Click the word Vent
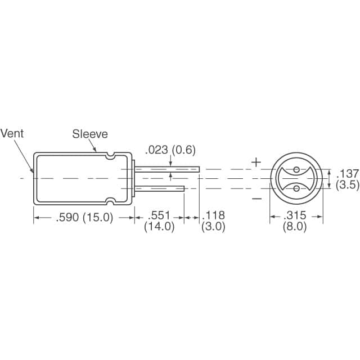pyautogui.click(x=12, y=134)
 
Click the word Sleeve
pyautogui.click(x=89, y=134)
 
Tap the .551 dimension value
pyautogui.click(x=159, y=216)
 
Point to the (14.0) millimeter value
pyautogui.click(x=159, y=228)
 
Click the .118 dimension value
pyautogui.click(x=214, y=216)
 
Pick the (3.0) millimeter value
pyautogui.click(x=214, y=228)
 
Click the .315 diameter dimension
pyautogui.click(x=295, y=216)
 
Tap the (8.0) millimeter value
pyautogui.click(x=295, y=228)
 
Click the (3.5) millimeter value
pyautogui.click(x=347, y=185)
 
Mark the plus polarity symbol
pyautogui.click(x=256, y=163)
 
